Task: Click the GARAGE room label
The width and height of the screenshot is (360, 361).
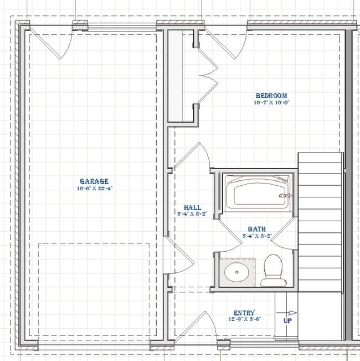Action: [x=94, y=181]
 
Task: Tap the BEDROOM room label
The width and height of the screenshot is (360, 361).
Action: [x=271, y=95]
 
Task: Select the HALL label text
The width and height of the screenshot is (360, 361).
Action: [x=192, y=207]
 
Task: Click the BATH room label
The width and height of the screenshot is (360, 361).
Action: [x=256, y=228]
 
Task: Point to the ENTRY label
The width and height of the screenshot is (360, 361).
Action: [x=244, y=313]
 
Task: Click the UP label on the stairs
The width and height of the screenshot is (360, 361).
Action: [x=288, y=321]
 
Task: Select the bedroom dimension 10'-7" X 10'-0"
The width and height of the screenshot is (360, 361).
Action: [x=271, y=103]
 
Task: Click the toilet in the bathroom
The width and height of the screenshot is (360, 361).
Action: [x=272, y=269]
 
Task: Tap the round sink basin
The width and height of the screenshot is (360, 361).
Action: [x=236, y=272]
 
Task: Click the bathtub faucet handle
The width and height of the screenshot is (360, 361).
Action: [x=285, y=195]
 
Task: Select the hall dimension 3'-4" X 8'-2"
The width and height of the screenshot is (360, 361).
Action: [x=192, y=213]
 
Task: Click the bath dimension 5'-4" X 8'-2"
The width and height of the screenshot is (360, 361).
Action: [x=256, y=235]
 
